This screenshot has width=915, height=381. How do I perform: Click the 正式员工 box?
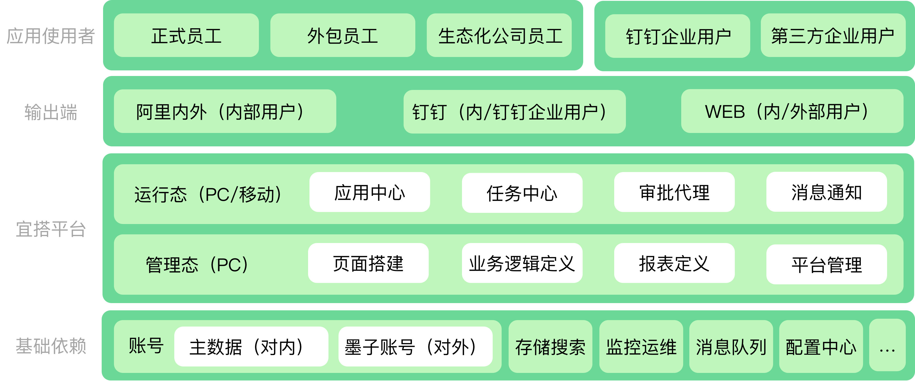(x=186, y=35)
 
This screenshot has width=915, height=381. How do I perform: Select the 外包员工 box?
(x=342, y=35)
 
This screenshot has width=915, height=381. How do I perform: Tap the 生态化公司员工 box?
(x=499, y=35)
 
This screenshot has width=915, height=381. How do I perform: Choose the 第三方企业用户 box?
(x=833, y=35)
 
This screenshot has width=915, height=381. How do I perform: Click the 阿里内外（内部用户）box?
(x=225, y=111)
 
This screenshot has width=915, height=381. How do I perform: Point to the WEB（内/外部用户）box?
(x=792, y=111)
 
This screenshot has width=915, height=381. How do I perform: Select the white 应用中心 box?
(x=370, y=192)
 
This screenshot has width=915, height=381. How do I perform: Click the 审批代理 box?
(x=674, y=192)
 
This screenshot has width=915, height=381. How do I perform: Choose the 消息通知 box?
(x=826, y=192)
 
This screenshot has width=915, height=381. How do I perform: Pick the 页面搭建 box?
(x=368, y=263)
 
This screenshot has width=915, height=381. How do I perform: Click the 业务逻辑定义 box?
(x=522, y=263)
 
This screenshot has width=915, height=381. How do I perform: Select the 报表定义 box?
(x=674, y=263)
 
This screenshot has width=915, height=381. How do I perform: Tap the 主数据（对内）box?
(x=251, y=347)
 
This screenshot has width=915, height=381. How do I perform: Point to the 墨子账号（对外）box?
(x=415, y=347)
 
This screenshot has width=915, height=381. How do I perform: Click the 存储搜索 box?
(x=550, y=347)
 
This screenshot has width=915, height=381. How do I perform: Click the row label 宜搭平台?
(x=51, y=229)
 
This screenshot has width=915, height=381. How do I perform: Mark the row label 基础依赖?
(x=51, y=346)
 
